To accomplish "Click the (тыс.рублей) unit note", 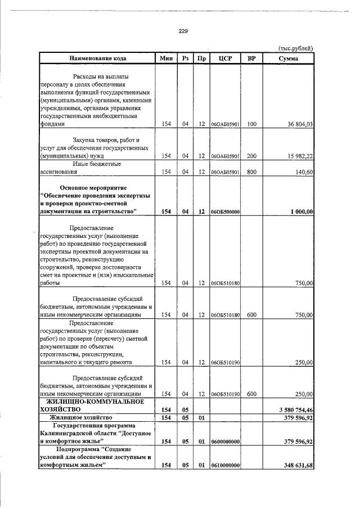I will click(x=295, y=48).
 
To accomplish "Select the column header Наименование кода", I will click(x=98, y=58).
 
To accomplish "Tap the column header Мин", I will click(x=166, y=58).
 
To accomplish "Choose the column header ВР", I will click(x=251, y=58).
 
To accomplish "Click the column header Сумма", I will click(x=288, y=58).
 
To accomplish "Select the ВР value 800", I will click(x=251, y=172).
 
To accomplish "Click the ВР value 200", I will click(x=251, y=156).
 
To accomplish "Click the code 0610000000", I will click(x=225, y=465).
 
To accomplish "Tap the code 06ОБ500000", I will click(x=225, y=211).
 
